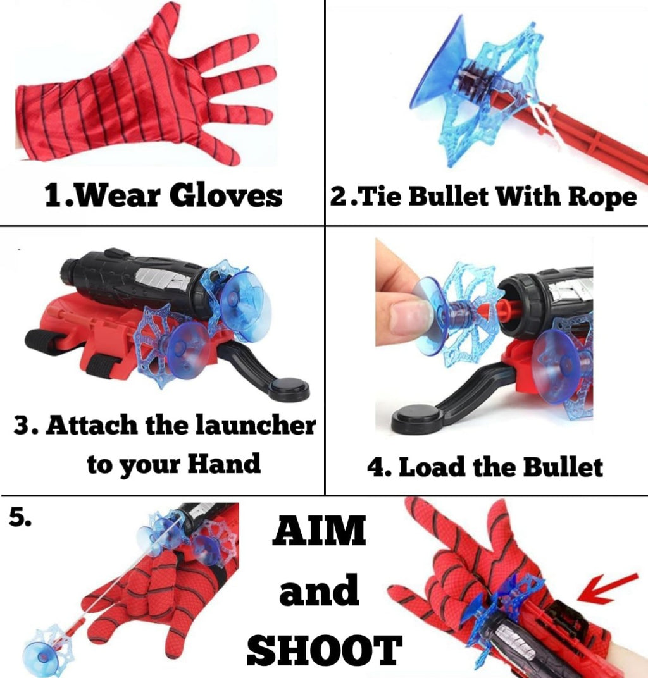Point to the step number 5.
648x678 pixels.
pos(20,518)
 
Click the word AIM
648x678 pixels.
pos(319,531)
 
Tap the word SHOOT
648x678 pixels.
pos(324,650)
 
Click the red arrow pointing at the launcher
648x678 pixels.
pos(607,586)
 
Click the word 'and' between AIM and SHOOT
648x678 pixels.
pos(319,591)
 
